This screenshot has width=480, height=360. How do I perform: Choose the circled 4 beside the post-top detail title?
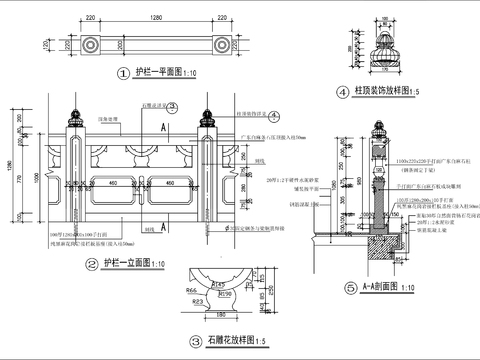click(x=341, y=92)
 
